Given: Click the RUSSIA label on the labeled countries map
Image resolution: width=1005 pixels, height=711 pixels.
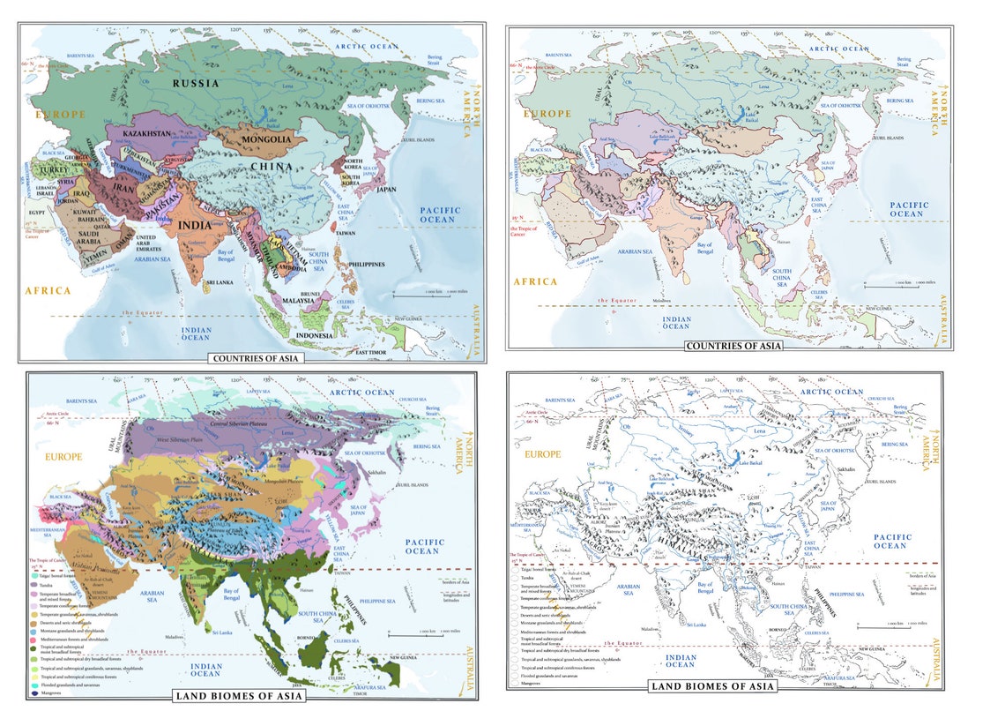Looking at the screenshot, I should tap(196, 84).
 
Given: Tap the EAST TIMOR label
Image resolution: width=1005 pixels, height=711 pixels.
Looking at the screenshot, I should tap(373, 353).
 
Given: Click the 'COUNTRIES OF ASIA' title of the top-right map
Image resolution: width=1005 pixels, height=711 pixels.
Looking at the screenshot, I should tap(733, 346).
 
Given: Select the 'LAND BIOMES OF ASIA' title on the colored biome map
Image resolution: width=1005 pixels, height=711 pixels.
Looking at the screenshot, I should tap(239, 696).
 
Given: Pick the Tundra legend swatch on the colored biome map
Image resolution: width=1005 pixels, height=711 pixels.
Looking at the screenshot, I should tap(33, 584).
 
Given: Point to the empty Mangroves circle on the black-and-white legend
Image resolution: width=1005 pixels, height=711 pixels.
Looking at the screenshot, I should tap(514, 683).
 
